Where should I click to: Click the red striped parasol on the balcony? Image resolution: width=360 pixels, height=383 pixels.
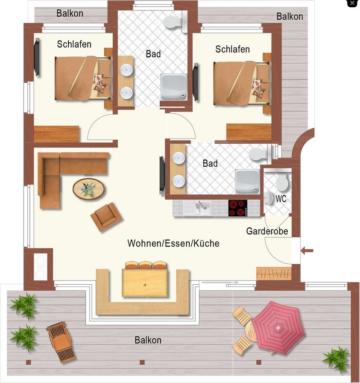point(278,327)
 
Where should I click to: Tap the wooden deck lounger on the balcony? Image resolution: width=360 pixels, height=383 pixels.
point(61,342)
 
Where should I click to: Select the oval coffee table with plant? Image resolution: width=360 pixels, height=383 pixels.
point(89,189)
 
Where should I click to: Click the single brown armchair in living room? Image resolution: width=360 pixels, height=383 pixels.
point(106,216)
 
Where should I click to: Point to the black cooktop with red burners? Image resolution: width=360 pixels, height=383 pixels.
point(238,208)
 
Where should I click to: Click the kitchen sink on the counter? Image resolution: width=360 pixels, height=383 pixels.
point(197,208)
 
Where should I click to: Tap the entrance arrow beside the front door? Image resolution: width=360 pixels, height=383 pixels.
point(307,250)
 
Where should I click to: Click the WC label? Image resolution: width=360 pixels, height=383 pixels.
point(281,199)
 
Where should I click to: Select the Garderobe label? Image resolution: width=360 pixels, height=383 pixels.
point(267,231)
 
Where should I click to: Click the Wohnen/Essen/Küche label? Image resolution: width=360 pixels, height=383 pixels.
point(173,243)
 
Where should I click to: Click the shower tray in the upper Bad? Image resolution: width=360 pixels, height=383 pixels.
point(174,87)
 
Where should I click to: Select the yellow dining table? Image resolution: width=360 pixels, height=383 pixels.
point(145,283)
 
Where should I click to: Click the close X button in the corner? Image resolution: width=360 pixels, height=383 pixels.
point(352,3)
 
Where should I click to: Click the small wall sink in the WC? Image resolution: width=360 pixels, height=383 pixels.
point(268,197)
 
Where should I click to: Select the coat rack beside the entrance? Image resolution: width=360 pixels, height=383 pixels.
point(274,273)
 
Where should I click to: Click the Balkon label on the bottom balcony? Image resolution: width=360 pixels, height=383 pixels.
point(148,340)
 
